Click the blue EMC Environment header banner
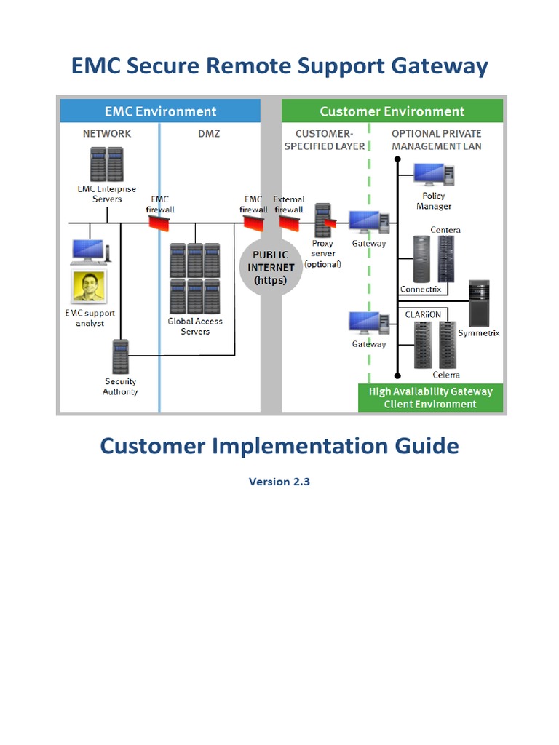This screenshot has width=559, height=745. click(159, 111)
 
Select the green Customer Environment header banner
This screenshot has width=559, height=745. click(392, 111)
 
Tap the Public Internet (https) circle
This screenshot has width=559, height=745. click(270, 267)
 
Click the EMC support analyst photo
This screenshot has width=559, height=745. click(89, 287)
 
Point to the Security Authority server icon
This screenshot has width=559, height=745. click(120, 357)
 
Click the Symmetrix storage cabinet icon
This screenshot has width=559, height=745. click(479, 303)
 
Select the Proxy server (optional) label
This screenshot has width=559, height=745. click(322, 254)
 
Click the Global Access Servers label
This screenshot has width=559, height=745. click(195, 327)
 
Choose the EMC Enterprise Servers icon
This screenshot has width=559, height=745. click(106, 164)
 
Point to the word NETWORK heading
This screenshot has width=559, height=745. click(107, 134)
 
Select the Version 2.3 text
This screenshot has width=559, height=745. click(279, 482)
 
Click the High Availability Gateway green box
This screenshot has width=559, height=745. click(430, 397)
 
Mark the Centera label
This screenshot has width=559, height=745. click(445, 230)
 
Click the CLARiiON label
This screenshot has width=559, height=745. click(422, 314)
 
